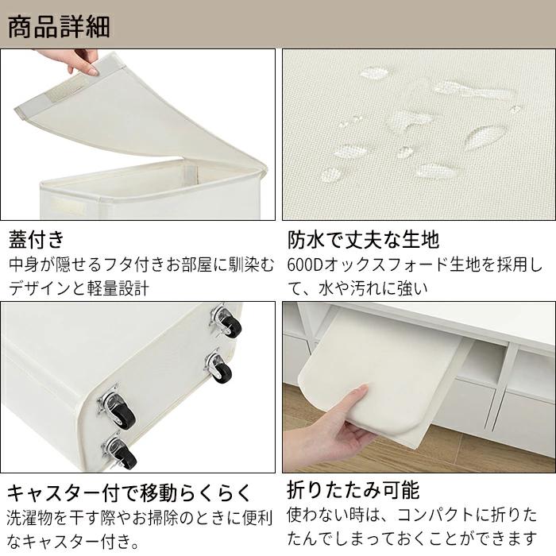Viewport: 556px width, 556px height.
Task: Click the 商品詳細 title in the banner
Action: (59, 26)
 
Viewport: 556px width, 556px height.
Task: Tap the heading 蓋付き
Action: (37, 239)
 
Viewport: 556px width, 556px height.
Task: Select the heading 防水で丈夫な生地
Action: (363, 239)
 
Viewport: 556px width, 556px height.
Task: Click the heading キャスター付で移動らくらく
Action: (129, 492)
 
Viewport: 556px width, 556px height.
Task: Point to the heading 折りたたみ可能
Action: (353, 490)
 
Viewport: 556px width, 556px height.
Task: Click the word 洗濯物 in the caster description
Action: (30, 518)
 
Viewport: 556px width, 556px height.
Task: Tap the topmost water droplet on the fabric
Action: (374, 73)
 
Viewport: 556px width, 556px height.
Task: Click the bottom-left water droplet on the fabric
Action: (331, 176)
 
